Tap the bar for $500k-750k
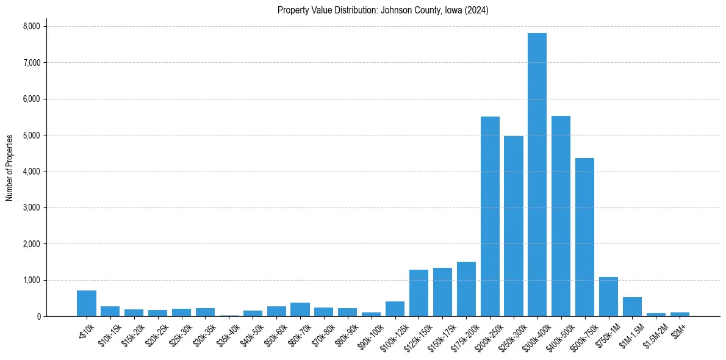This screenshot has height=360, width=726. pos(584,237)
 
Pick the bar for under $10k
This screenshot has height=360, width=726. pos(87,303)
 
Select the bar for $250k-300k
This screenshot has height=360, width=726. pos(514,226)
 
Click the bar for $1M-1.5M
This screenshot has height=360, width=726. pos(632,307)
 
